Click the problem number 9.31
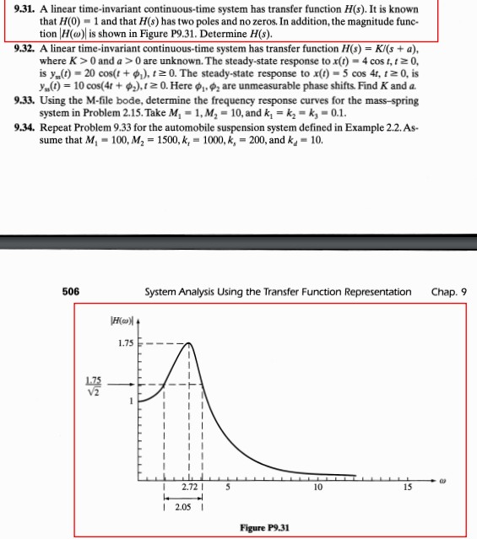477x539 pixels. coord(24,9)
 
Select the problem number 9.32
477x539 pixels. coord(24,51)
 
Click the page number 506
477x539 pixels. coord(71,292)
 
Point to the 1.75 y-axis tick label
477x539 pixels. coord(124,343)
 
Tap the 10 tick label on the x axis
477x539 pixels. coord(317,488)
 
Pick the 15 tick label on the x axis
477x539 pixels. coord(407,488)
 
